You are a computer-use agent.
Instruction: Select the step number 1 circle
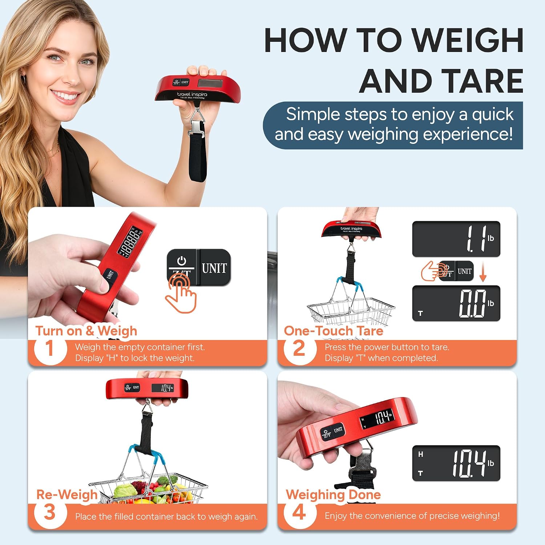[x=50, y=349]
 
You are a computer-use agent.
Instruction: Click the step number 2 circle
[x=299, y=349]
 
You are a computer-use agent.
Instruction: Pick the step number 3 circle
[x=50, y=513]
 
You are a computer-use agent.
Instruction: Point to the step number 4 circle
[x=299, y=513]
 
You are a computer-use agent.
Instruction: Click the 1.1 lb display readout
[x=456, y=239]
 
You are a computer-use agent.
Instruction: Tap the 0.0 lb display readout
[x=456, y=303]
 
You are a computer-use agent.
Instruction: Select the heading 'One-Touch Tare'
[x=334, y=331]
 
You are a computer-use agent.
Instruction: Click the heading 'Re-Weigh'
[x=67, y=494]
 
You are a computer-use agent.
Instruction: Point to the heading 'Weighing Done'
[x=333, y=494]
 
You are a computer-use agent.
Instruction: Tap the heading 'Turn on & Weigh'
[x=86, y=331]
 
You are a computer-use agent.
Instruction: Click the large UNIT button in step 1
[x=214, y=268]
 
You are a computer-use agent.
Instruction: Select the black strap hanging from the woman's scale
[x=198, y=153]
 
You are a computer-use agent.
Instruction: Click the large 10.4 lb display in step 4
[x=456, y=463]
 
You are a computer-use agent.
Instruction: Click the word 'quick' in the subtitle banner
[x=493, y=115]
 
